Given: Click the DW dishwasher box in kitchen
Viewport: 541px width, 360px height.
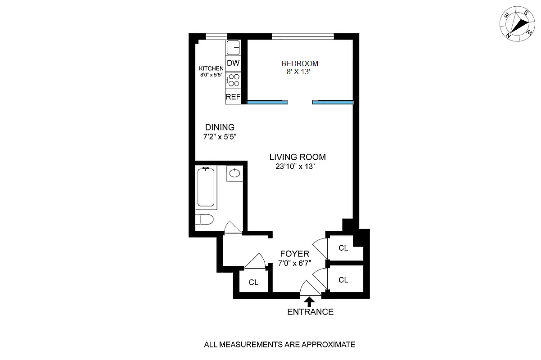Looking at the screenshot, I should point(233,63).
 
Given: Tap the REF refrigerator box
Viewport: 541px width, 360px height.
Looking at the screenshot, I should point(233,97).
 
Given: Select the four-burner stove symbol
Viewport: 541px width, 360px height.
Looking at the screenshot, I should point(233,80).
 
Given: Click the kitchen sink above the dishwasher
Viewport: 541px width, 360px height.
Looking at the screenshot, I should point(233,47).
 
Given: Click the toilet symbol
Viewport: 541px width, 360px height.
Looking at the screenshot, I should point(204,220).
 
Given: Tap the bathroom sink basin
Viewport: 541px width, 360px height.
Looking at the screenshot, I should point(234,173).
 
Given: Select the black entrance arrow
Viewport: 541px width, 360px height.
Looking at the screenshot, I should point(310,301).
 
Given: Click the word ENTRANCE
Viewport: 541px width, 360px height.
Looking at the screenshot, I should point(310,312).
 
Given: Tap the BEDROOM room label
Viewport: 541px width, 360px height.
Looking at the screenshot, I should point(299,63).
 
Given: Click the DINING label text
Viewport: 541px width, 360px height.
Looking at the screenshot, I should point(220,127).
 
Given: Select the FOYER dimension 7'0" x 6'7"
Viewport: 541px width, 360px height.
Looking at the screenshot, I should point(294,263).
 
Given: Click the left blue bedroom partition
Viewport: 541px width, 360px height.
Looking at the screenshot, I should point(267,102).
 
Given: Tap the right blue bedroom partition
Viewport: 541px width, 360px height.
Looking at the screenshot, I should point(333,102).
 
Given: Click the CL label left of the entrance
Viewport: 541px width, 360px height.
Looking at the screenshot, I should point(253,282).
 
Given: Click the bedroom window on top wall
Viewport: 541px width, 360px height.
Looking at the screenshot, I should point(302,36).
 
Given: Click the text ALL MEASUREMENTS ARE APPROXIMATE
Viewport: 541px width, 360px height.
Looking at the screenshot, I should point(280,345).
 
